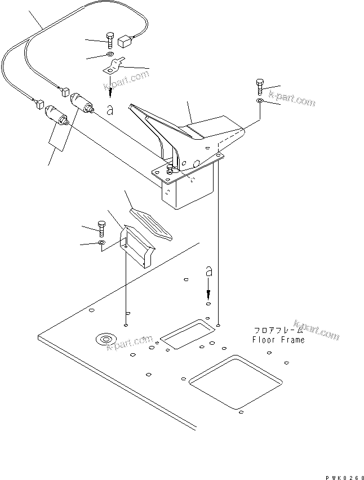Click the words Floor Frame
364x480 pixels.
click(278, 340)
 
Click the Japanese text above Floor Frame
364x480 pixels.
click(278, 331)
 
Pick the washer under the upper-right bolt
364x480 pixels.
click(259, 101)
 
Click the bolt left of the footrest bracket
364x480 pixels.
click(101, 228)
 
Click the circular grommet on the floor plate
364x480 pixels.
click(105, 339)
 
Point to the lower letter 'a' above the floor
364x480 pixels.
click(208, 273)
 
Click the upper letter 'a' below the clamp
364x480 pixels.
click(110, 110)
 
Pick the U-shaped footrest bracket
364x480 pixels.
click(137, 243)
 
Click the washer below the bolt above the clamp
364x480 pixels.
click(108, 56)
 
